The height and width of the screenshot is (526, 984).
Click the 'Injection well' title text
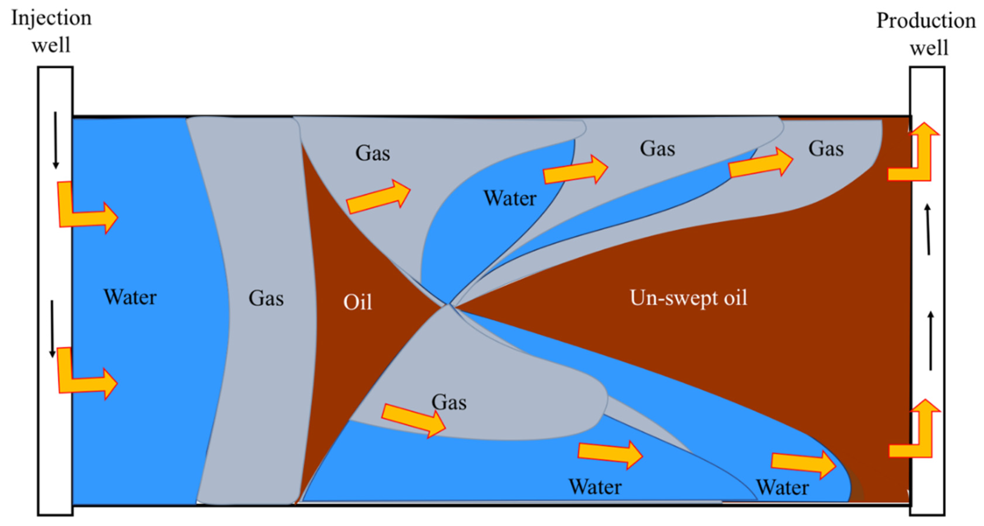[51, 31]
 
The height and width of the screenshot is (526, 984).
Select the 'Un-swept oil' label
[688, 298]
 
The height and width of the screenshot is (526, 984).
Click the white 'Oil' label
[358, 302]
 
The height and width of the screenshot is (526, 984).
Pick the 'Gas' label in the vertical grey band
[266, 298]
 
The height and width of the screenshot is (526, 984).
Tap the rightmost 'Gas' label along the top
[826, 149]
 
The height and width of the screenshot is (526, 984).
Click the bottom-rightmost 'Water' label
[783, 487]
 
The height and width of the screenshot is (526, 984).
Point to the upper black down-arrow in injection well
[55, 140]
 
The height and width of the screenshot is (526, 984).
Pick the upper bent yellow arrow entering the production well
[915, 156]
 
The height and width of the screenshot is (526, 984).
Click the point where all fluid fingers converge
[449, 304]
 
